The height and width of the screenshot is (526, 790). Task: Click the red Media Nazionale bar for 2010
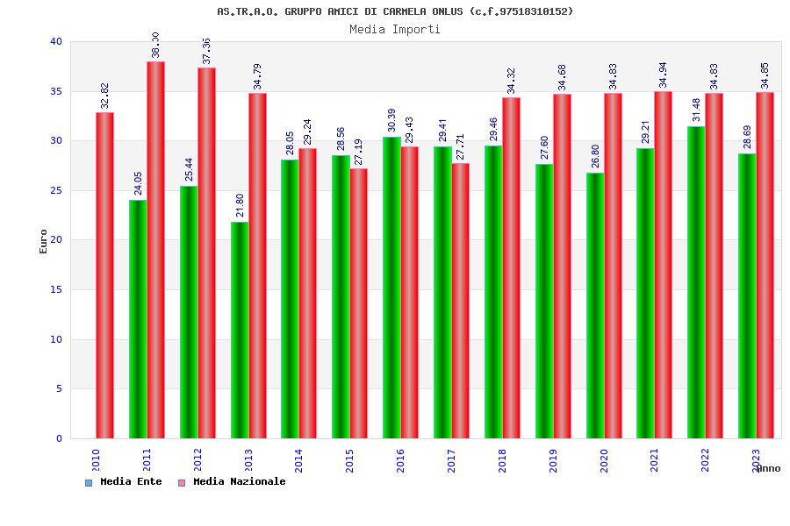point(104,275)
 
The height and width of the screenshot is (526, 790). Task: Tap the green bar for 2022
point(696,282)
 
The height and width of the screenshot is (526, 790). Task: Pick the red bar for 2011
point(155,250)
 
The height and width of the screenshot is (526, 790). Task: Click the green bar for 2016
point(391,288)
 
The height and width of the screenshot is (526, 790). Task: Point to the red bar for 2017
point(460,301)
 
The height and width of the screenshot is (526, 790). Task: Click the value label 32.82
point(104,95)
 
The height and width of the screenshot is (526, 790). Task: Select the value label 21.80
point(240,204)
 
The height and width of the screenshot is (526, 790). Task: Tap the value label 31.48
point(696,109)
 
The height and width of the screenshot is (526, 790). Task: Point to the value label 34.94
point(664,75)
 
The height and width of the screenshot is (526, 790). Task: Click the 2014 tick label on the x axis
point(299,460)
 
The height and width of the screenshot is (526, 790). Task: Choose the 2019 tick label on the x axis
point(553,460)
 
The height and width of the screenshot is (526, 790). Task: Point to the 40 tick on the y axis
point(56,41)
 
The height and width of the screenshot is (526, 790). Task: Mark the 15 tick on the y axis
point(56,289)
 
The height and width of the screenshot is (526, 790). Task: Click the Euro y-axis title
point(44,241)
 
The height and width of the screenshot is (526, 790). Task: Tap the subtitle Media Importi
point(395,29)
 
